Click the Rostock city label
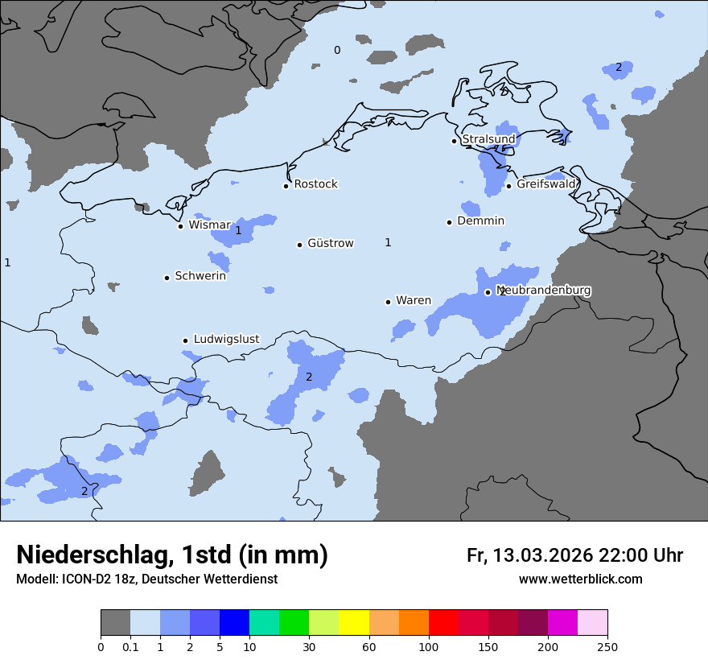coord(315,184)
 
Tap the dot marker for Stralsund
coord(454,141)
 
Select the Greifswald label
coord(546,184)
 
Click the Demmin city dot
coord(449,222)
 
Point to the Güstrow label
coord(330,243)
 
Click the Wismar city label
coord(209,225)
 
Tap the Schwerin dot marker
coord(167,278)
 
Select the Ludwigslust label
coord(226,340)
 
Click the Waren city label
coord(413,301)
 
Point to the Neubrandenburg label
coord(544,290)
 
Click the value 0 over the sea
coord(337,51)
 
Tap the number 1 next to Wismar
coord(238,231)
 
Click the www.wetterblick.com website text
coord(580,579)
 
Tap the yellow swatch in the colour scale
coord(354,623)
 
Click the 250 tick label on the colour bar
coord(607,647)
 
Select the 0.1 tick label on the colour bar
coord(130,647)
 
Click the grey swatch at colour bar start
coord(115,623)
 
